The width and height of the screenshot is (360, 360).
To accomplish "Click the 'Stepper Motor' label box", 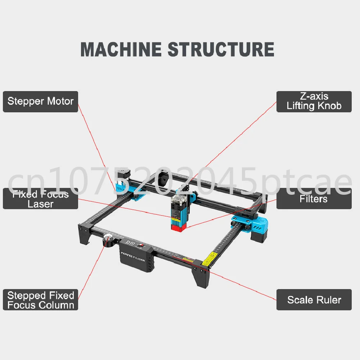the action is tap(40, 102).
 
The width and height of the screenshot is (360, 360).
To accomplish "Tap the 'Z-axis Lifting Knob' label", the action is tap(314, 102).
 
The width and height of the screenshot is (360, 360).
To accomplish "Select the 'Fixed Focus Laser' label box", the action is tap(40, 199).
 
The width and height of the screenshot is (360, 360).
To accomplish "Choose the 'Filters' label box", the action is tap(314, 199).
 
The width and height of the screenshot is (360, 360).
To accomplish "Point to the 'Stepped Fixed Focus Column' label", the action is tap(40, 300).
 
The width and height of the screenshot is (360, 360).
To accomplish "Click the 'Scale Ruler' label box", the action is tap(314, 300).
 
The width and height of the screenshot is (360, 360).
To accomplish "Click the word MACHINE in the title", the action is tap(121, 49).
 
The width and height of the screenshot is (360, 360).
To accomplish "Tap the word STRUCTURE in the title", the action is tap(221, 49).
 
